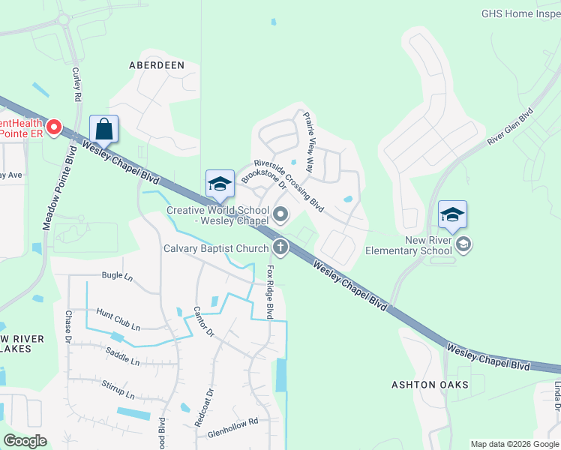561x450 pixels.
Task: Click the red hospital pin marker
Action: [x=54, y=128]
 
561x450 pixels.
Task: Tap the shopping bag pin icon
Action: [x=104, y=128]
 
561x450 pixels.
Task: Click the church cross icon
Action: [x=280, y=246]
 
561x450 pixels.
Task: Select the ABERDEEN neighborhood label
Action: [x=157, y=65]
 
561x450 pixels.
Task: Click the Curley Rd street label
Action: [x=76, y=83]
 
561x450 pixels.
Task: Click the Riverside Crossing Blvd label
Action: [x=288, y=184]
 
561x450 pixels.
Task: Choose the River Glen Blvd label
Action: [x=510, y=126]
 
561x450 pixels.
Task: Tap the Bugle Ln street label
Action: [x=116, y=276]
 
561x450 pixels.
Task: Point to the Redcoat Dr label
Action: [x=202, y=407]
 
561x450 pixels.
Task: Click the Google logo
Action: [x=25, y=441]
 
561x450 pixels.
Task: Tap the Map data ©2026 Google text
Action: [x=514, y=444]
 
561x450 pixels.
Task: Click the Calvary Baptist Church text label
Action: [x=217, y=249]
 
